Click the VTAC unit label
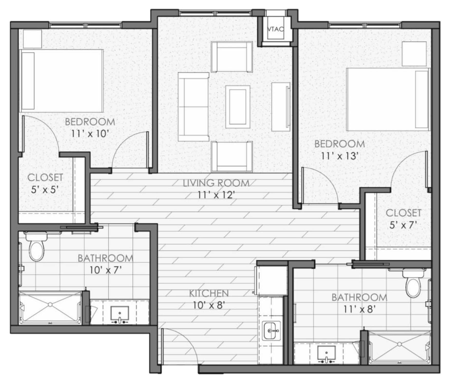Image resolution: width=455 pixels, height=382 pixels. (276, 29)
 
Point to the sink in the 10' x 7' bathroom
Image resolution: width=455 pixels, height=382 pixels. (119, 314)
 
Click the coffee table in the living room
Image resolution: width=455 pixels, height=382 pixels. (238, 107)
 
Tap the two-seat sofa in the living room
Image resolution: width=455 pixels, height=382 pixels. (193, 107)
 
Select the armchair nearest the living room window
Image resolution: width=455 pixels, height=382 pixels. (232, 57)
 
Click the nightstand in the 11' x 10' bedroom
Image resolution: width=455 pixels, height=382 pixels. (32, 38)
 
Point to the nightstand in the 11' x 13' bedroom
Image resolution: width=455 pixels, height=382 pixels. (414, 54)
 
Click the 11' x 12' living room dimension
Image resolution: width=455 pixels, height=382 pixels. (216, 195)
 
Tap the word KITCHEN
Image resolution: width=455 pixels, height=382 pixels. (209, 293)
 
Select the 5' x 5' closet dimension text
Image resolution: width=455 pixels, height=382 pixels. (45, 190)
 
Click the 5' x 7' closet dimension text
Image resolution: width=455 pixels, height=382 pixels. (403, 225)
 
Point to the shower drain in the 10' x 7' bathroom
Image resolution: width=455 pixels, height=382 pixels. (50, 304)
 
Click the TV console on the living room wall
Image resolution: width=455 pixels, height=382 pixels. (281, 107)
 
